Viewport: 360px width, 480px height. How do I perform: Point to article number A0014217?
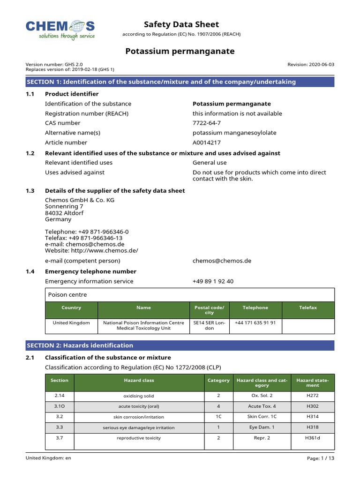pyautogui.click(x=207, y=142)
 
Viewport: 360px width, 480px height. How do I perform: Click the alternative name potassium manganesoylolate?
pyautogui.click(x=234, y=133)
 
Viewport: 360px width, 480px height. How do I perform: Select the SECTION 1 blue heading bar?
pyautogui.click(x=180, y=82)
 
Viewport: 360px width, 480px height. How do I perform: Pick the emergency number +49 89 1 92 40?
pyautogui.click(x=213, y=281)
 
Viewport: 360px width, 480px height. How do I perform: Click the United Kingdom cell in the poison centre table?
pyautogui.click(x=71, y=323)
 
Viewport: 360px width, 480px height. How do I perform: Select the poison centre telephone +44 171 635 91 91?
pyautogui.click(x=255, y=323)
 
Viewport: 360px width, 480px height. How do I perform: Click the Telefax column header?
pyautogui.click(x=308, y=308)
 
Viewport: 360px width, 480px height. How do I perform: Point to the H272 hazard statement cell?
pyautogui.click(x=312, y=395)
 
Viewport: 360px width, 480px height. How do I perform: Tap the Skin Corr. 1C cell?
pyautogui.click(x=262, y=417)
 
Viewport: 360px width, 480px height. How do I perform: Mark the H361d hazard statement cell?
pyautogui.click(x=312, y=438)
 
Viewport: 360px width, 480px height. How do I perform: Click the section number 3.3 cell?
pyautogui.click(x=60, y=427)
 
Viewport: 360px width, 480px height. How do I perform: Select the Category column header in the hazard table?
pyautogui.click(x=218, y=381)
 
